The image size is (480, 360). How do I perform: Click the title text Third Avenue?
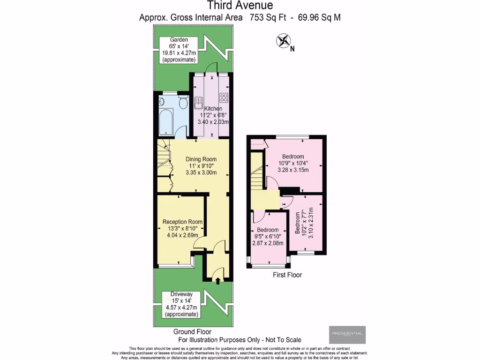(x=240, y=6)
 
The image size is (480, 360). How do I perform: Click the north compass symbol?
(x=283, y=41)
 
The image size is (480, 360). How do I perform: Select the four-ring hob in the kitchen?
(x=224, y=98)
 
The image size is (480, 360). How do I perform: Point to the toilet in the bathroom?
(x=184, y=103)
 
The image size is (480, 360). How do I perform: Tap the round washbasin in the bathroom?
(x=162, y=101)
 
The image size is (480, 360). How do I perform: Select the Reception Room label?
(x=182, y=222)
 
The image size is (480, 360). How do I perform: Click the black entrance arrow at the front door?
(x=217, y=280)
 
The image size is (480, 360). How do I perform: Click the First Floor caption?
(x=287, y=275)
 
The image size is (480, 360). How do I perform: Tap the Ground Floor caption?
(x=192, y=331)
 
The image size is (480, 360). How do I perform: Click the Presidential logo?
(x=347, y=334)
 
